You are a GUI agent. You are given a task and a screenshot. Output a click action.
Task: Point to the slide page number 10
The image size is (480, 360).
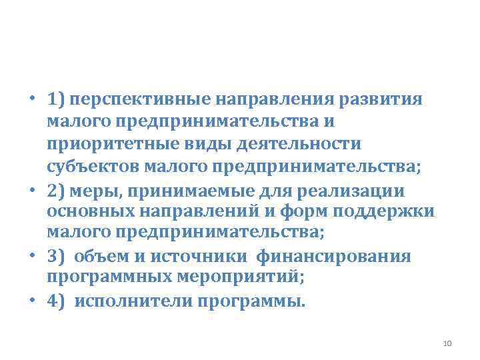[x=447, y=343]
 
